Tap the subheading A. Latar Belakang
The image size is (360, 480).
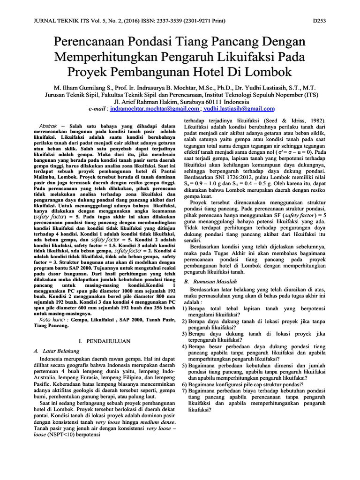tap(56, 351)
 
